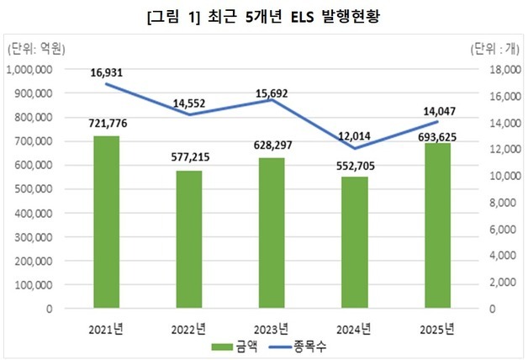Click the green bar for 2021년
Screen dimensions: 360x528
tap(107, 222)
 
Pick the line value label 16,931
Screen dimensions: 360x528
tap(107, 73)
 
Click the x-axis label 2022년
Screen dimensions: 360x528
tap(189, 327)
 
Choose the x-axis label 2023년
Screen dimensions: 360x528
tap(272, 327)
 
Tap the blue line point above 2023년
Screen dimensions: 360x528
tap(272, 100)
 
